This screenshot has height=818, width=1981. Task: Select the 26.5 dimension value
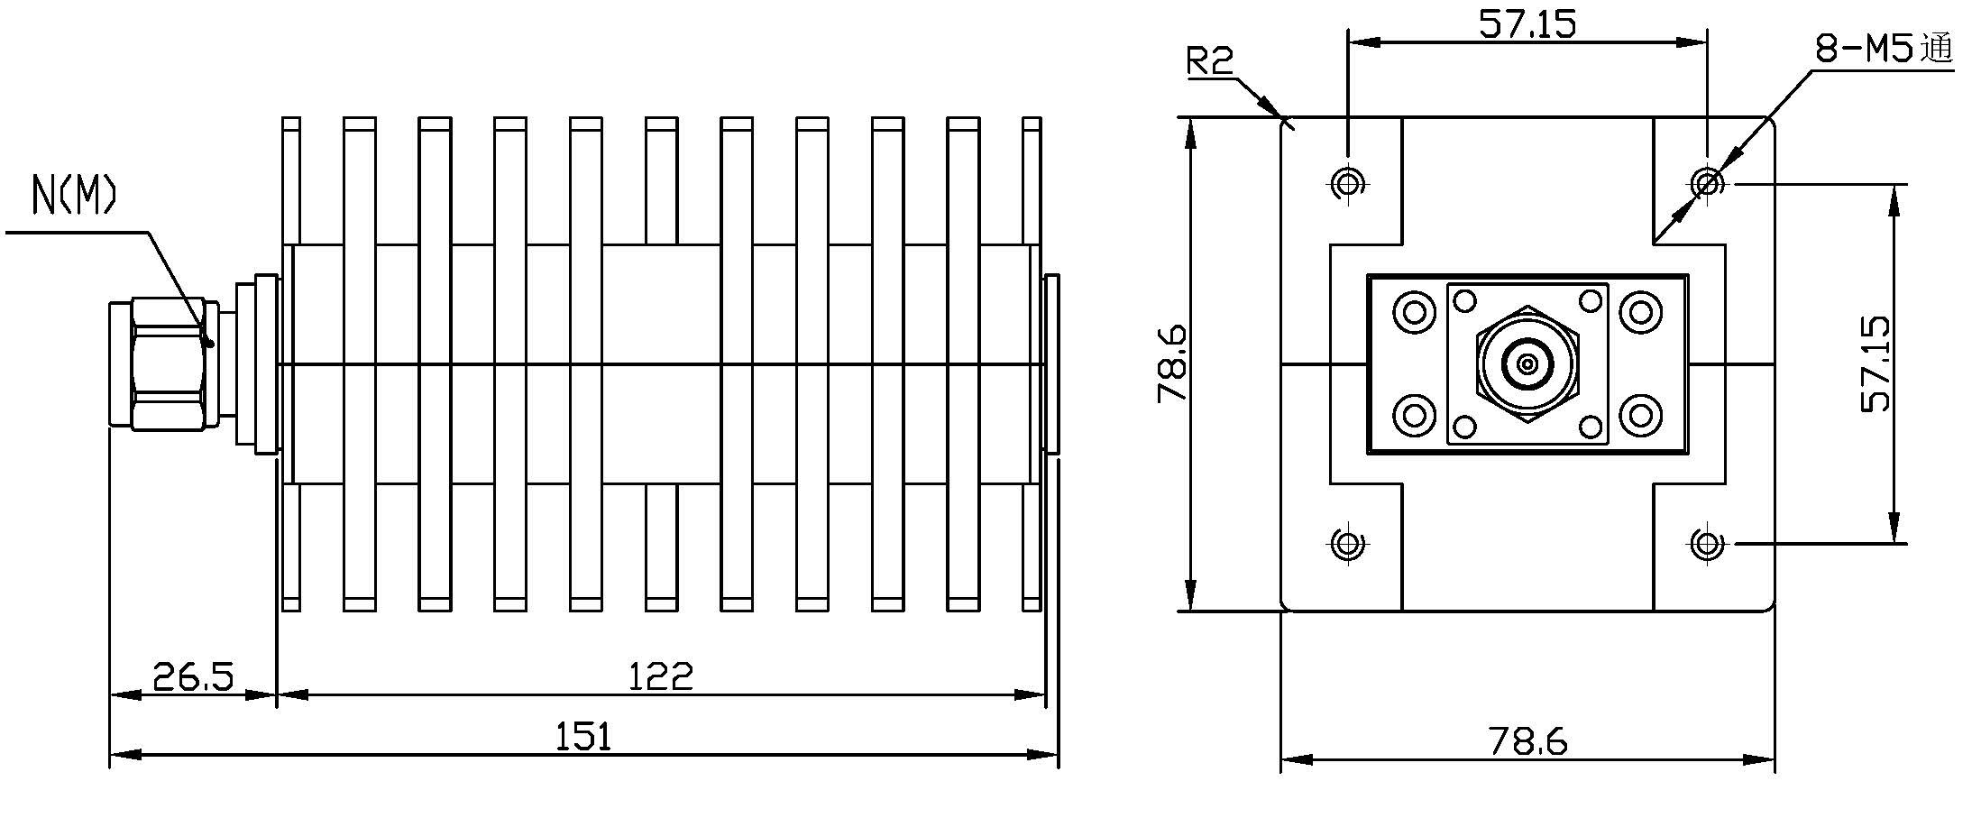coord(193,676)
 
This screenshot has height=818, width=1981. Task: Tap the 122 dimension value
coord(661,676)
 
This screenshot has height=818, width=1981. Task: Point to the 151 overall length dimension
coord(583,737)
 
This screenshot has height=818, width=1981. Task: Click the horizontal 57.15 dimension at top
coord(1527,23)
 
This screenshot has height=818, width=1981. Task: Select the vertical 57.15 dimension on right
coord(1876,363)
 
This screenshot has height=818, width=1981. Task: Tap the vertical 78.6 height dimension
coord(1171,364)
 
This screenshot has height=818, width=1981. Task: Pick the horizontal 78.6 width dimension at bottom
coord(1528,741)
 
